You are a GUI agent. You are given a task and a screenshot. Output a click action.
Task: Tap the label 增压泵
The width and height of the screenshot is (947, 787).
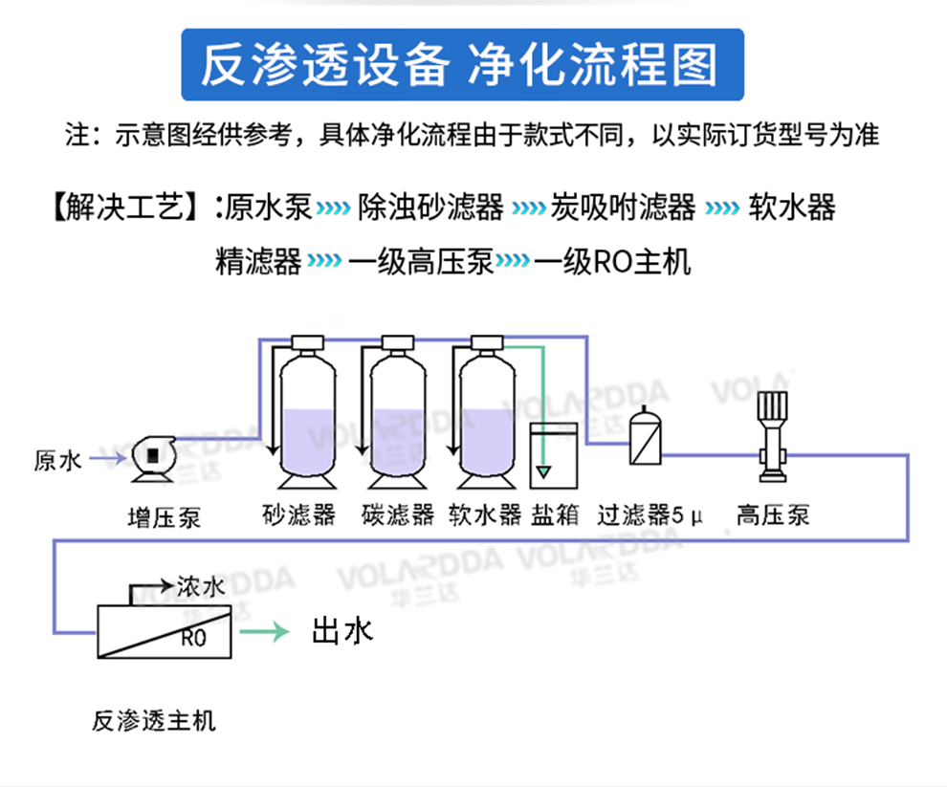point(165,517)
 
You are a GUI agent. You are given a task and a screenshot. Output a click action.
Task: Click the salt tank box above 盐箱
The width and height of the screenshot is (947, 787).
point(554,457)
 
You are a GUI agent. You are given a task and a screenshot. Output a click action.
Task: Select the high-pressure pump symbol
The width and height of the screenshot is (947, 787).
point(771,435)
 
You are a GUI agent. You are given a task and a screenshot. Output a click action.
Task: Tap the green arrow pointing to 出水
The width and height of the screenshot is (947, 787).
point(263,631)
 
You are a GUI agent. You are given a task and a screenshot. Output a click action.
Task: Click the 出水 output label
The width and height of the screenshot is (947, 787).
point(341,630)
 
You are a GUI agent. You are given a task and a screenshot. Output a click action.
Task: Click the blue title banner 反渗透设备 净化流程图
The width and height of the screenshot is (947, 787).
point(462,64)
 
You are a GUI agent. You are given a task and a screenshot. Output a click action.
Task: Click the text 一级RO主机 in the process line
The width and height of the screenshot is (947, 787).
point(612,260)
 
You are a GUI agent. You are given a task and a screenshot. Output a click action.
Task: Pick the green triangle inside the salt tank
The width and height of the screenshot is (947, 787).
point(543,470)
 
